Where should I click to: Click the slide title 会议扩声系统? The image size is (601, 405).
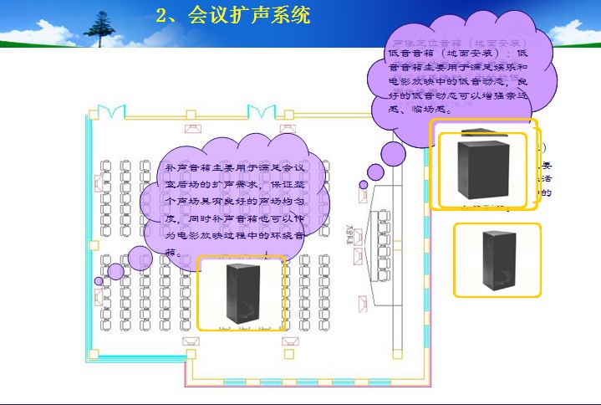250,15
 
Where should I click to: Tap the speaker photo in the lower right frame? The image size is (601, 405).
498,260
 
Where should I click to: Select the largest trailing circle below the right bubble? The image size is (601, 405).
393,154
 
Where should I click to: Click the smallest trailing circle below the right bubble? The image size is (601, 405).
363,184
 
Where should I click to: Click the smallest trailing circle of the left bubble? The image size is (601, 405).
99,281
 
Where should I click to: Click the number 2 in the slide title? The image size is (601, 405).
162,15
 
